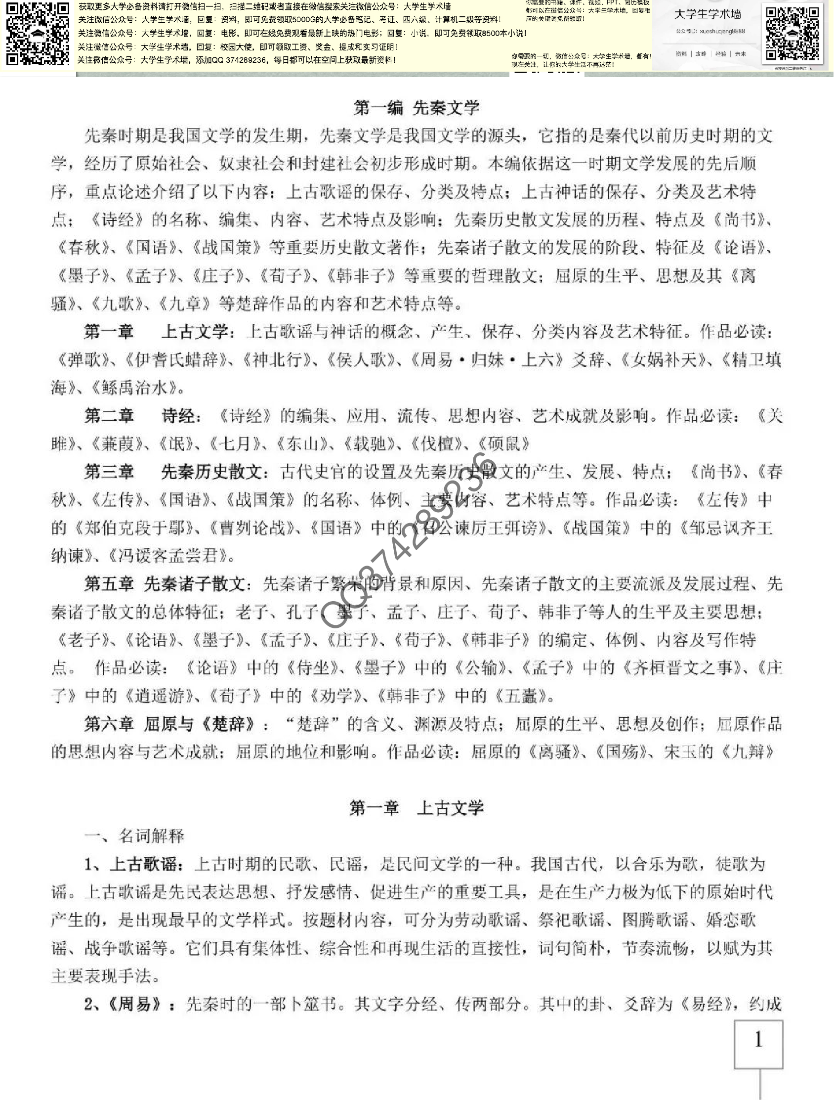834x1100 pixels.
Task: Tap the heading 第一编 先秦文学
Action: (x=417, y=108)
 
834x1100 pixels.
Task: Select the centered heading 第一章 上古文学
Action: (x=417, y=808)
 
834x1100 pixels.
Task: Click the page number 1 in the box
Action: (x=758, y=1040)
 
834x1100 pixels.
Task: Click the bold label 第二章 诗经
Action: (x=142, y=416)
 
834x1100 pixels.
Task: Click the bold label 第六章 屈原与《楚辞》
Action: (x=176, y=724)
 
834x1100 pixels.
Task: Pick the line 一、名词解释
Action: (x=134, y=836)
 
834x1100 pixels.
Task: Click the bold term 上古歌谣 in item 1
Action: (x=143, y=864)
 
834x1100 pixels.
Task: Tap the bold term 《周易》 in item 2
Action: (x=134, y=1004)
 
